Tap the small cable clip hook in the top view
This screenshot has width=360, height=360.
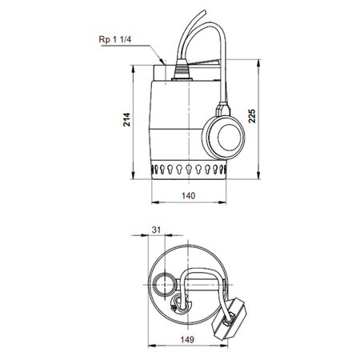[178, 304]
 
